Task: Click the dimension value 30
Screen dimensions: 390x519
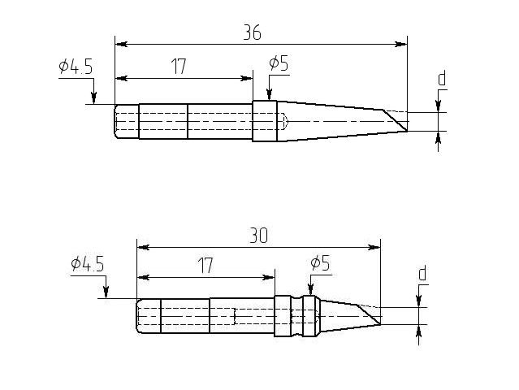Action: click(258, 236)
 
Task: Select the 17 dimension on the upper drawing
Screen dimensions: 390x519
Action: click(179, 67)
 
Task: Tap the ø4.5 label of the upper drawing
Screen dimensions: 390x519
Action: click(76, 67)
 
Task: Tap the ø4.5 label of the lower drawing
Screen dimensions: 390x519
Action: click(87, 263)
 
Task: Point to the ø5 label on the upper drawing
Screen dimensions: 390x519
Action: click(278, 63)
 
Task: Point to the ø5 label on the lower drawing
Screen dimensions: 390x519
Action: click(320, 262)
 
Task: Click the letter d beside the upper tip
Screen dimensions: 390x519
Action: click(442, 79)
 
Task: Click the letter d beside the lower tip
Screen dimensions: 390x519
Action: click(422, 274)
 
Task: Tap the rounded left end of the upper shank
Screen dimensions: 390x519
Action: click(119, 121)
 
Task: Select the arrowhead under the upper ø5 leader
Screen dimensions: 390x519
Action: click(269, 96)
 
